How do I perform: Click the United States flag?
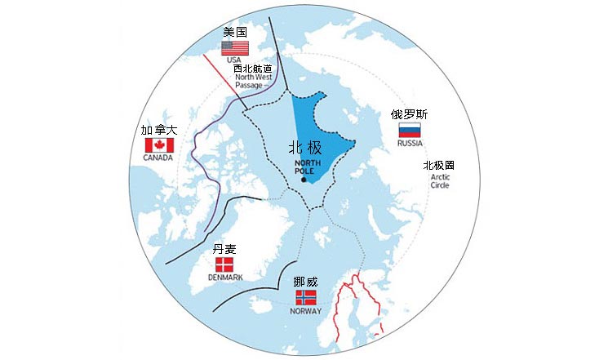coord(235,48)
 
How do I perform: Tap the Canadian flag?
coord(158,144)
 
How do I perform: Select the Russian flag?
coord(409,131)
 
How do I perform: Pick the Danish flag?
coord(224,264)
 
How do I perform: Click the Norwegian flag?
coord(305,298)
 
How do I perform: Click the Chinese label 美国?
coord(235,32)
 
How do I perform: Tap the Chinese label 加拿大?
coord(158,131)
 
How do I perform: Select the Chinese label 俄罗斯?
coord(409,115)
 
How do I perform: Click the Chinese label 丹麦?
coord(224,249)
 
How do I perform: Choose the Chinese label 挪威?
coord(305,282)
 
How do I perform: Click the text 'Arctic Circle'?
coord(440,180)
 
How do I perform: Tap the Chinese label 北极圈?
coord(438,165)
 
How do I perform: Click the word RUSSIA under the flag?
coord(410,144)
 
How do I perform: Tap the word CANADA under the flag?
coord(158,158)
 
